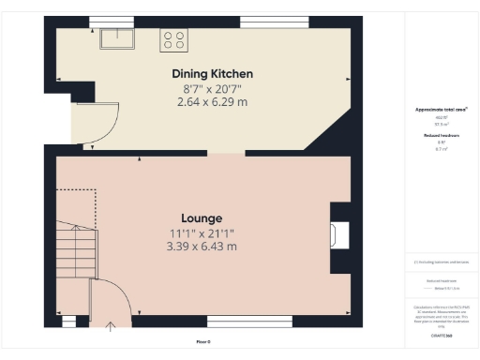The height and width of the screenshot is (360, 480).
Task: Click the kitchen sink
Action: [x=118, y=38]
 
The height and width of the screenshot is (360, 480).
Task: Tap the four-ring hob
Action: [x=174, y=39]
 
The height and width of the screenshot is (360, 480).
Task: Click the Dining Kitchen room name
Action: [x=212, y=73]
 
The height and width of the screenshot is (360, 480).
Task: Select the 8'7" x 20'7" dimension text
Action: [x=212, y=88]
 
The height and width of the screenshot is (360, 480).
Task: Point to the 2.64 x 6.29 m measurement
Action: [x=212, y=101]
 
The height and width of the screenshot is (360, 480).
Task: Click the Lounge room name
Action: [x=202, y=217]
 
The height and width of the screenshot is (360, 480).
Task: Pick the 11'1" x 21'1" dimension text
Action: [x=202, y=232]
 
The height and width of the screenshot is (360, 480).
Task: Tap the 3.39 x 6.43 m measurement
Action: [x=202, y=247]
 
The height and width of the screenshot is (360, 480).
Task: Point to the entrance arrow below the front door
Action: [x=112, y=326]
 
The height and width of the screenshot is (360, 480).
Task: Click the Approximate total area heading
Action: [x=441, y=110]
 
